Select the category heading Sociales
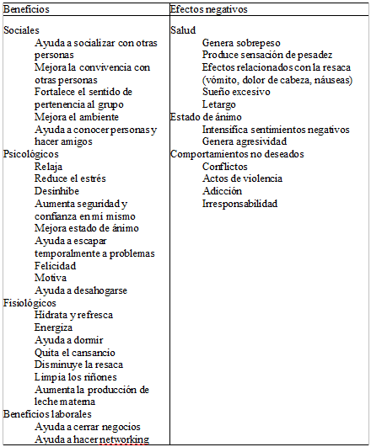pyautogui.click(x=21, y=29)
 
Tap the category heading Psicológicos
pyautogui.click(x=31, y=154)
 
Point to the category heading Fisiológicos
pyautogui.click(x=30, y=302)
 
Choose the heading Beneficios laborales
pyautogui.click(x=47, y=414)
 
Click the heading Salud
pyautogui.click(x=183, y=29)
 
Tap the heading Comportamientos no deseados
pyautogui.click(x=237, y=154)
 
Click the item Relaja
pyautogui.click(x=48, y=167)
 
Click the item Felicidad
pyautogui.click(x=56, y=265)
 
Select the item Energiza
pyautogui.click(x=53, y=327)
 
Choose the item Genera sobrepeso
pyautogui.click(x=242, y=42)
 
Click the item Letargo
pyautogui.click(x=218, y=104)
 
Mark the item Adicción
pyautogui.click(x=222, y=191)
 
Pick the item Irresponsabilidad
pyautogui.click(x=240, y=204)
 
